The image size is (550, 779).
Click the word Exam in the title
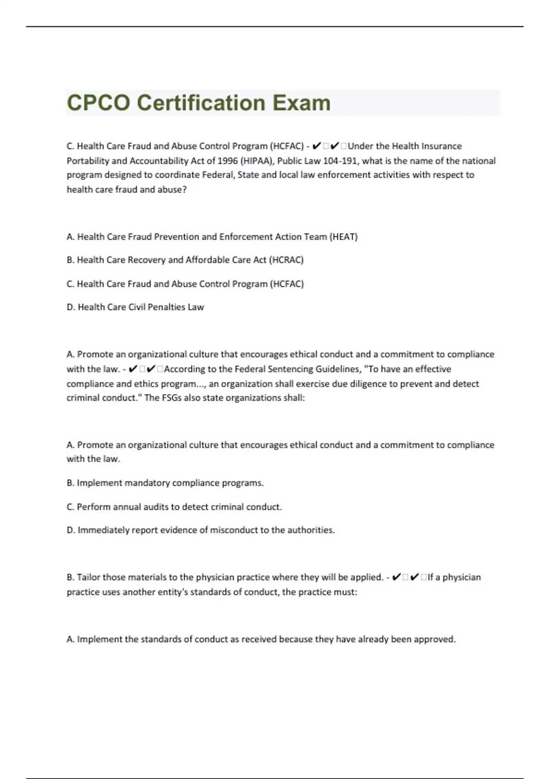coord(301,103)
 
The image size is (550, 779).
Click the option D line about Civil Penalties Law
coord(135,307)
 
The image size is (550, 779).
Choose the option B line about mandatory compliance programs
coord(165,483)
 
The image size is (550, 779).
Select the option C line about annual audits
coord(174,507)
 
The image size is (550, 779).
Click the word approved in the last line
coord(434,639)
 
